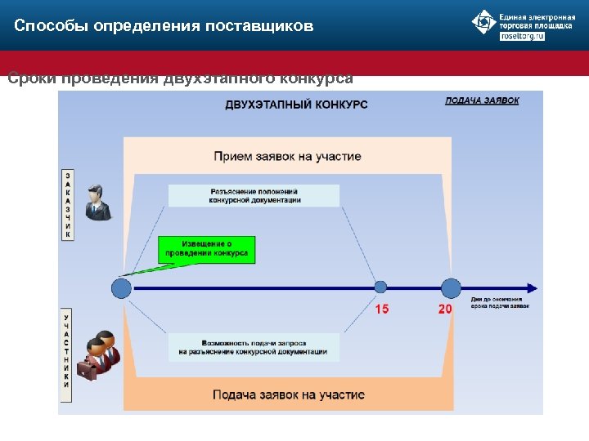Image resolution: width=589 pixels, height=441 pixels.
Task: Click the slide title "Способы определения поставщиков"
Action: [164, 26]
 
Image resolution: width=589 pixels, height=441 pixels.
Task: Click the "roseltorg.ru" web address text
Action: [522, 37]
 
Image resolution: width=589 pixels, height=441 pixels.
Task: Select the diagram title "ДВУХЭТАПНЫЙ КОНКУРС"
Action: [296, 105]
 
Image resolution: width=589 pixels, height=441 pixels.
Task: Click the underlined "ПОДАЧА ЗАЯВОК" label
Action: [482, 100]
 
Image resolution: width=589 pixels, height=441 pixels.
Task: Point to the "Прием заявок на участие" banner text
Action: [287, 156]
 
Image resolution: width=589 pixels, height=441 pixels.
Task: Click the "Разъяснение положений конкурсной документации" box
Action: [254, 195]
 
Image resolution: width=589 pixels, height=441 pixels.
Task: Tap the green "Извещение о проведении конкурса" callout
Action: [206, 249]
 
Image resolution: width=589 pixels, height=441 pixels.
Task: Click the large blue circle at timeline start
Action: [121, 287]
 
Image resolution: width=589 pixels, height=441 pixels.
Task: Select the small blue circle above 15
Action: [380, 287]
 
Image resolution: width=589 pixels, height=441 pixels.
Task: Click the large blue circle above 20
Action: [451, 287]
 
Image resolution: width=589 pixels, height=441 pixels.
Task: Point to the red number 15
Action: [381, 309]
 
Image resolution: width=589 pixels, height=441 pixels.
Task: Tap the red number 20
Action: [444, 309]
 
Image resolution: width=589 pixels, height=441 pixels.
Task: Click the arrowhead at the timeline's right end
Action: [532, 287]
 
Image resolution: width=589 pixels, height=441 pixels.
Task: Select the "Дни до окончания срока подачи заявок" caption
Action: [500, 303]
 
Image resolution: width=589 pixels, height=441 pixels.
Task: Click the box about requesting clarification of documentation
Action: [254, 347]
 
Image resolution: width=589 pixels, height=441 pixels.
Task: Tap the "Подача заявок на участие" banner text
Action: [288, 394]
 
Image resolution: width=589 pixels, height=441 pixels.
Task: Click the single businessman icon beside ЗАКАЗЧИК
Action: [97, 203]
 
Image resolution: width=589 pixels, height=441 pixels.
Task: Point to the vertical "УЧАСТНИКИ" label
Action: [67, 354]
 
